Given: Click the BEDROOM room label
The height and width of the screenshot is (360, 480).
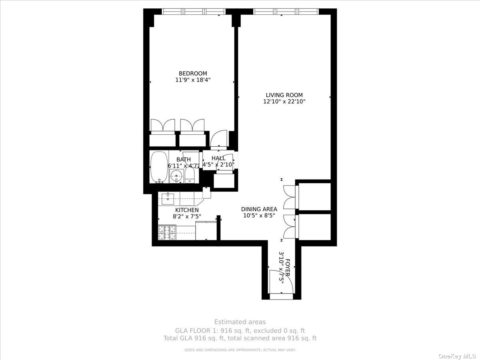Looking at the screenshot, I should (x=192, y=73).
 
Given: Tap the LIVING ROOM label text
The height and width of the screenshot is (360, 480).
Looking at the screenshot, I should (x=284, y=95).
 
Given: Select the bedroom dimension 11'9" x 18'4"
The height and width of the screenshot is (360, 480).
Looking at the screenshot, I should (x=192, y=80).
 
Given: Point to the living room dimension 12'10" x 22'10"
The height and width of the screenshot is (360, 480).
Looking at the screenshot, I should (x=284, y=102).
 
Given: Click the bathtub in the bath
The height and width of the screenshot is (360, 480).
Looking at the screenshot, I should (x=158, y=167).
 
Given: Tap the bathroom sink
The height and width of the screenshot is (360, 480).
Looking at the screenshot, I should (x=176, y=176).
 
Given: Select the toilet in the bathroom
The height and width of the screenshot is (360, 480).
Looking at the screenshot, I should (x=190, y=175).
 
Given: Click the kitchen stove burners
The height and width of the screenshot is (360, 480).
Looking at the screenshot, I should (x=167, y=232).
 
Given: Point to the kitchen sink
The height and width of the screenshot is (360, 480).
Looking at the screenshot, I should (x=168, y=196).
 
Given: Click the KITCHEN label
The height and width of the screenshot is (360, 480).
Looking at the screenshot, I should (x=187, y=210).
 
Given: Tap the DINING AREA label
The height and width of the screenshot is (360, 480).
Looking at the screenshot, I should (x=259, y=209).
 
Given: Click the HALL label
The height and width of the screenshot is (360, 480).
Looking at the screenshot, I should (x=218, y=158).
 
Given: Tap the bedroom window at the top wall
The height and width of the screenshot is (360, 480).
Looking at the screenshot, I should (x=191, y=12).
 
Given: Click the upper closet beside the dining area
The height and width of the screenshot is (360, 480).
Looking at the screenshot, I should (x=314, y=196).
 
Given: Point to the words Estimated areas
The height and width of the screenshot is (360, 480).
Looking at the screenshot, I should (x=240, y=322).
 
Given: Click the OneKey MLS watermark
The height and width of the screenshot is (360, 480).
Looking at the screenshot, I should (x=458, y=356).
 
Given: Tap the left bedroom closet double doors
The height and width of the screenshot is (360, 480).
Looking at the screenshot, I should (x=162, y=125).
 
